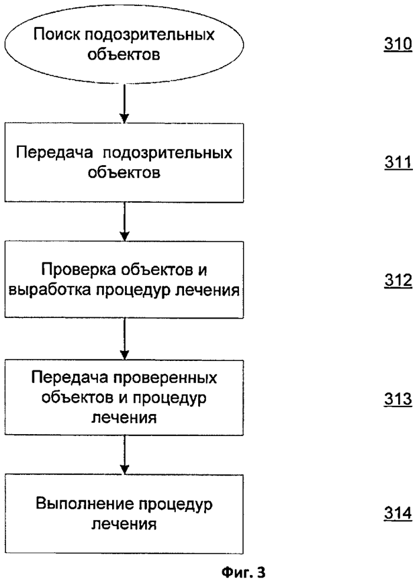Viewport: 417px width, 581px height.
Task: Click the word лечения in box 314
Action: coord(125,524)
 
